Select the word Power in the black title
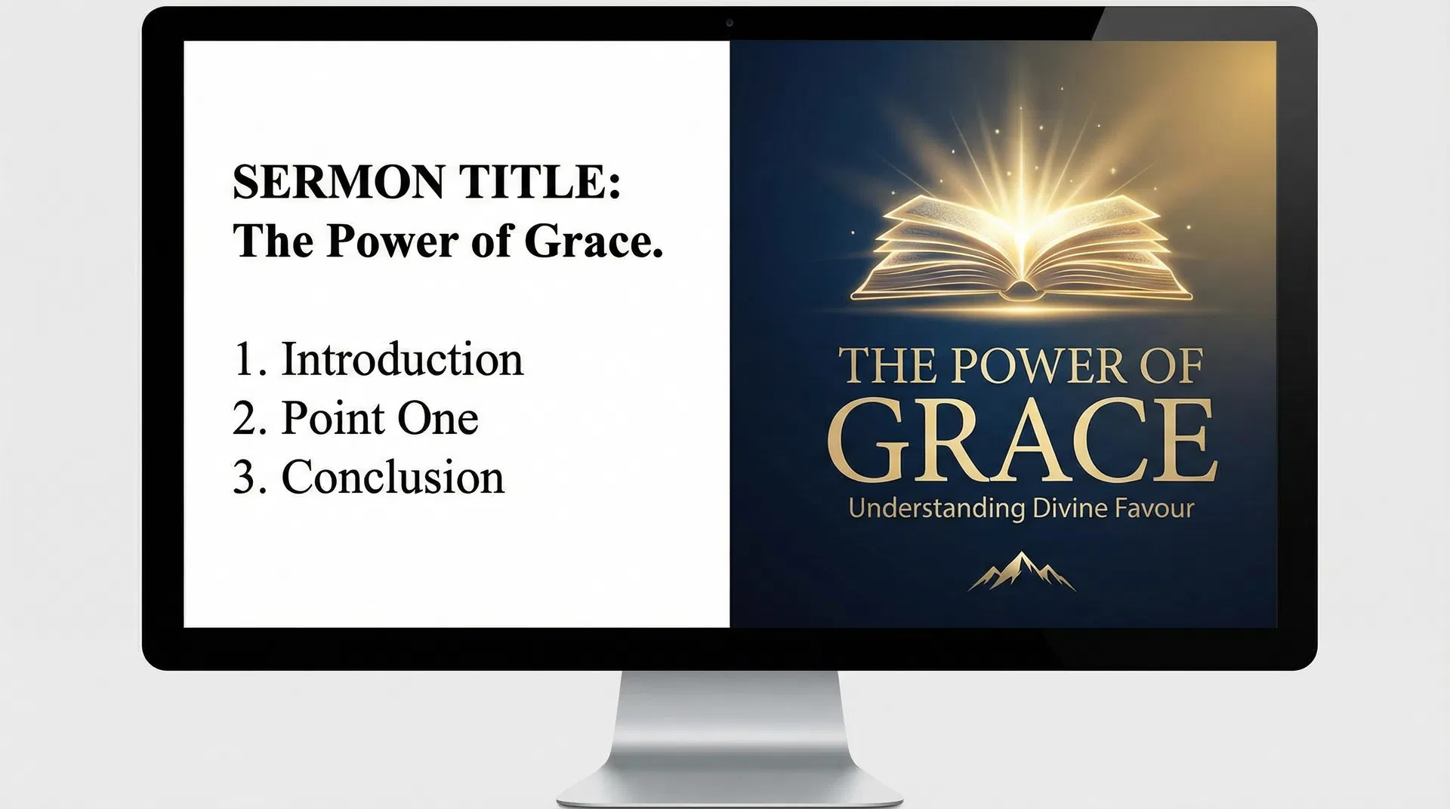point(393,241)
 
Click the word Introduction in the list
point(402,359)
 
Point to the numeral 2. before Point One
point(249,419)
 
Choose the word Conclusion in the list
point(393,478)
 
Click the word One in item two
point(437,419)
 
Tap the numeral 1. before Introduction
point(249,359)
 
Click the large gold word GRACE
point(1021,441)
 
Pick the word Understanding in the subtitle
point(936,509)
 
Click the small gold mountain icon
point(1021,572)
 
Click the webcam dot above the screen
point(729,23)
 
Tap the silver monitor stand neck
point(730,724)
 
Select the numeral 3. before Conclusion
point(249,478)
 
